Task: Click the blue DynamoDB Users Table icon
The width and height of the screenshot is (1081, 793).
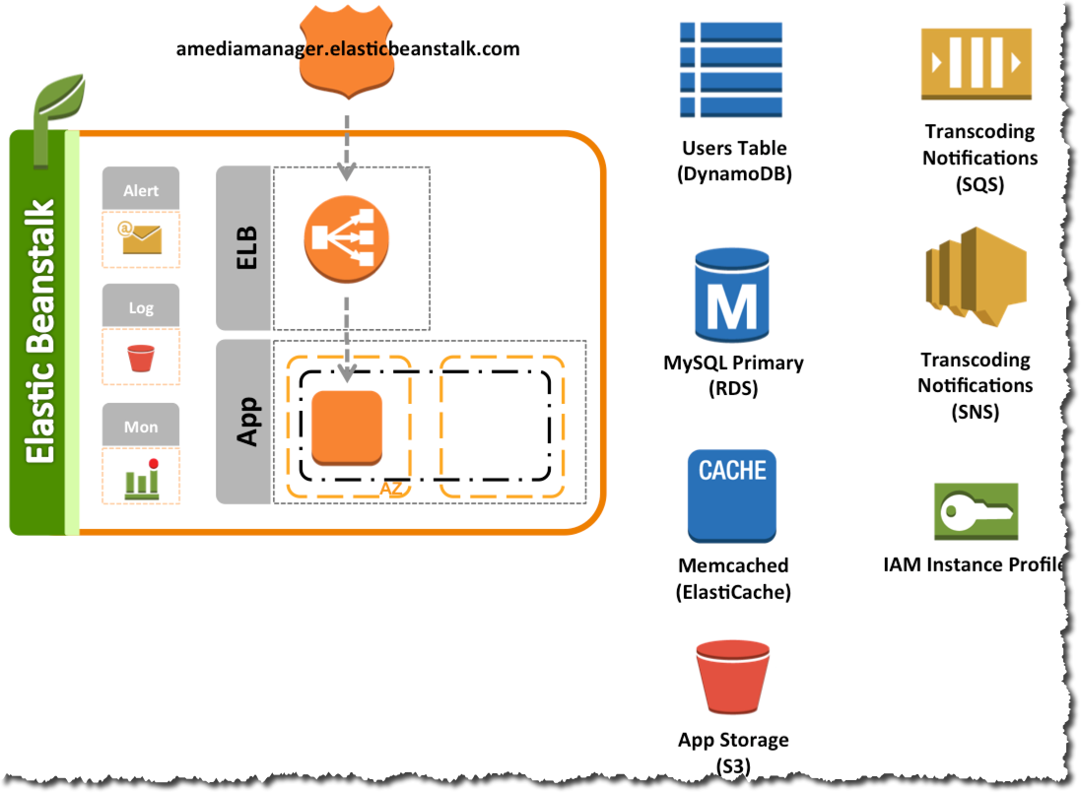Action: click(731, 70)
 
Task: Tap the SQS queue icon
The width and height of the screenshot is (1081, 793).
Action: click(977, 63)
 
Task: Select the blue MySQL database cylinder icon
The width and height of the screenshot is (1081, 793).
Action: click(732, 296)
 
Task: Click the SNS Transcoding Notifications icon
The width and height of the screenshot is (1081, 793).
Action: click(977, 276)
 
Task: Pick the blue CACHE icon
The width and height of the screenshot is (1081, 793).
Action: click(732, 496)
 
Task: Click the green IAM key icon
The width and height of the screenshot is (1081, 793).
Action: click(977, 511)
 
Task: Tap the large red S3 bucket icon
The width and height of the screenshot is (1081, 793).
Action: click(732, 677)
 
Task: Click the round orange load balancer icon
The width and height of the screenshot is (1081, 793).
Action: click(347, 239)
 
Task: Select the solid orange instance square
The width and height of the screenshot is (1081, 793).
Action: click(347, 428)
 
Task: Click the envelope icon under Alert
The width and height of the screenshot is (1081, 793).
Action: click(140, 238)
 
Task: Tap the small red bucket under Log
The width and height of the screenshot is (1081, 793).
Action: click(141, 358)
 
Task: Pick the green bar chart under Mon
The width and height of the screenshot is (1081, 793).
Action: click(143, 478)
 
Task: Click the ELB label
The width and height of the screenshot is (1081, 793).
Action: click(246, 248)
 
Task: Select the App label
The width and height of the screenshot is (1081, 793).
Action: click(247, 422)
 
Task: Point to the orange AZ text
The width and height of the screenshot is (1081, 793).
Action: click(391, 489)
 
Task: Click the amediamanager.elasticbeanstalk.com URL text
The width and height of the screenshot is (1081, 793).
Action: click(348, 49)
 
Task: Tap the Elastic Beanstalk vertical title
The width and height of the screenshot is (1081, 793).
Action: click(40, 331)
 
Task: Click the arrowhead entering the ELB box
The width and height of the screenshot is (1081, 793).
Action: click(347, 171)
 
